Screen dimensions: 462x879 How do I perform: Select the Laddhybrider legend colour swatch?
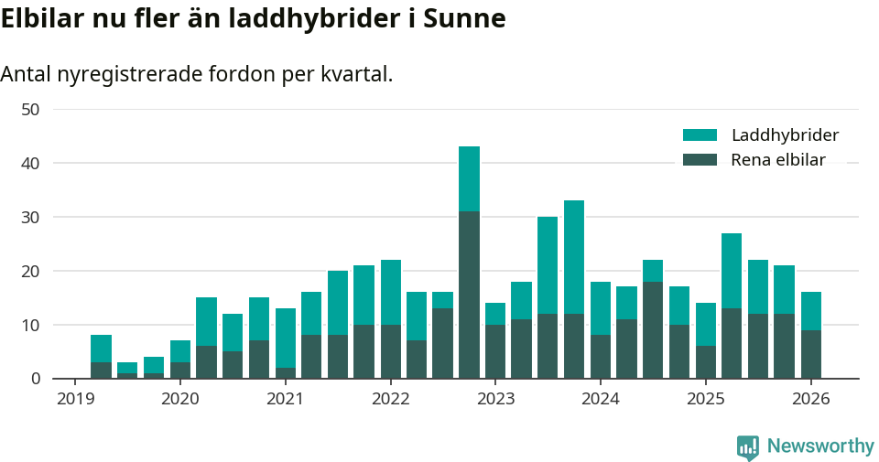click(700, 135)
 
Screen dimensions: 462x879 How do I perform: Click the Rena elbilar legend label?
click(778, 160)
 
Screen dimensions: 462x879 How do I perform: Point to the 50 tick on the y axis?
click(30, 110)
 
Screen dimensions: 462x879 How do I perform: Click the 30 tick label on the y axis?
click(30, 218)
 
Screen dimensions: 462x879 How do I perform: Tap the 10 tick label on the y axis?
click(30, 326)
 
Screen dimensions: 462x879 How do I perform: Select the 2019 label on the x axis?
click(75, 399)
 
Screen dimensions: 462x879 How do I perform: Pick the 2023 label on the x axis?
click(495, 399)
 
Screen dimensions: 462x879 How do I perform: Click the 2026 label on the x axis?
click(811, 399)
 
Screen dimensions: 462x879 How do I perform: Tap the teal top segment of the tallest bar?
click(469, 178)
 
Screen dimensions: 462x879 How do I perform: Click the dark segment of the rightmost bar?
click(811, 354)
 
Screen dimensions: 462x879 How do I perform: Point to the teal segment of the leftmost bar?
click(101, 349)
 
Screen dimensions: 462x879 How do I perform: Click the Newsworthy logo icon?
click(748, 447)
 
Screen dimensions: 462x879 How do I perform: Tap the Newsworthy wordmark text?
click(820, 446)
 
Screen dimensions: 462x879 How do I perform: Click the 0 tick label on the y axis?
click(35, 379)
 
